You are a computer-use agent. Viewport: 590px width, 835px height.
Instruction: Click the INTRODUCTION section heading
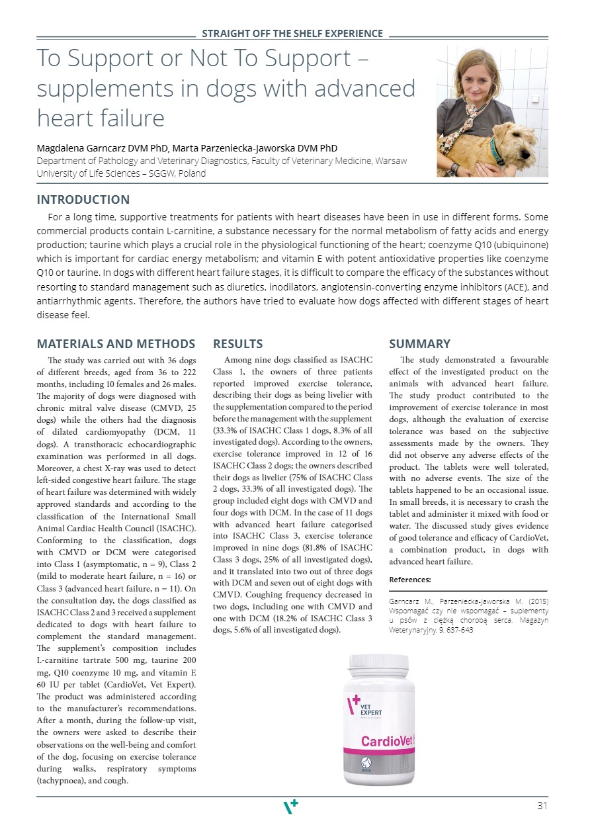pyautogui.click(x=83, y=200)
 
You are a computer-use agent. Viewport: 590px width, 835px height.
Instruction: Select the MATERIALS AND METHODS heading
pyautogui.click(x=116, y=344)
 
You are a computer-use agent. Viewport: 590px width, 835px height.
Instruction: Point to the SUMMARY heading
pyautogui.click(x=419, y=344)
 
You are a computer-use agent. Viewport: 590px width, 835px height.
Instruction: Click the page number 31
pyautogui.click(x=542, y=805)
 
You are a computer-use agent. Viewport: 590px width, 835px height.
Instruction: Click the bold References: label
pyautogui.click(x=409, y=580)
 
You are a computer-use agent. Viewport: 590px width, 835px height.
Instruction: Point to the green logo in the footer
pyautogui.click(x=290, y=806)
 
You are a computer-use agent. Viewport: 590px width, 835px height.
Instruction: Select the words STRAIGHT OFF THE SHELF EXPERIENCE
pyautogui.click(x=292, y=34)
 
